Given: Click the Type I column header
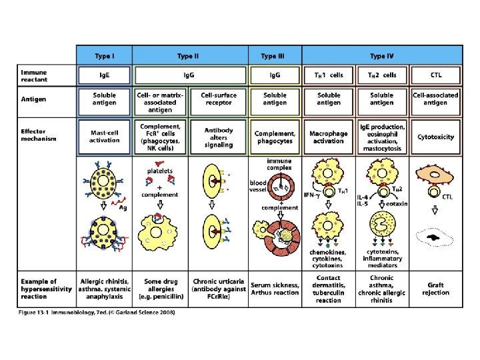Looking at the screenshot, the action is pos(103,56).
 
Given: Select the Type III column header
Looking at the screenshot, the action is pos(274,56).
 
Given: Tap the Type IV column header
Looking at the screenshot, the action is pos(382,56).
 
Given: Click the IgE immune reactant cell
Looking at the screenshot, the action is pos(103,75).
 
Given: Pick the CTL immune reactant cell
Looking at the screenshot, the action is pos(435,75).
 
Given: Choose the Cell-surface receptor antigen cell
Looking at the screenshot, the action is pos(219,99).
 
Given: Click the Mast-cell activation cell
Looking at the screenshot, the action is pos(103,137).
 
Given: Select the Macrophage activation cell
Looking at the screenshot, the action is pos(329,137).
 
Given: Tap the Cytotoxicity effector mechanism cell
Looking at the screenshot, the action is pos(435,137).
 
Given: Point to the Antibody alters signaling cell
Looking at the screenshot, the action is pos(219,136).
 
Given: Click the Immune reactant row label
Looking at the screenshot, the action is pos(34,75).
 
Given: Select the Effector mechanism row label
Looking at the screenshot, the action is pos(39,135).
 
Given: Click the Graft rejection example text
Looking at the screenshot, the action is pos(435,289).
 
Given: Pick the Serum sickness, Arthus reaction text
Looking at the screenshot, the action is pos(274,289).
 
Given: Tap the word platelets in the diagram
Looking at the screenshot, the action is pos(161,171).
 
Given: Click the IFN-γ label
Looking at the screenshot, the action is pos(312,195).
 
